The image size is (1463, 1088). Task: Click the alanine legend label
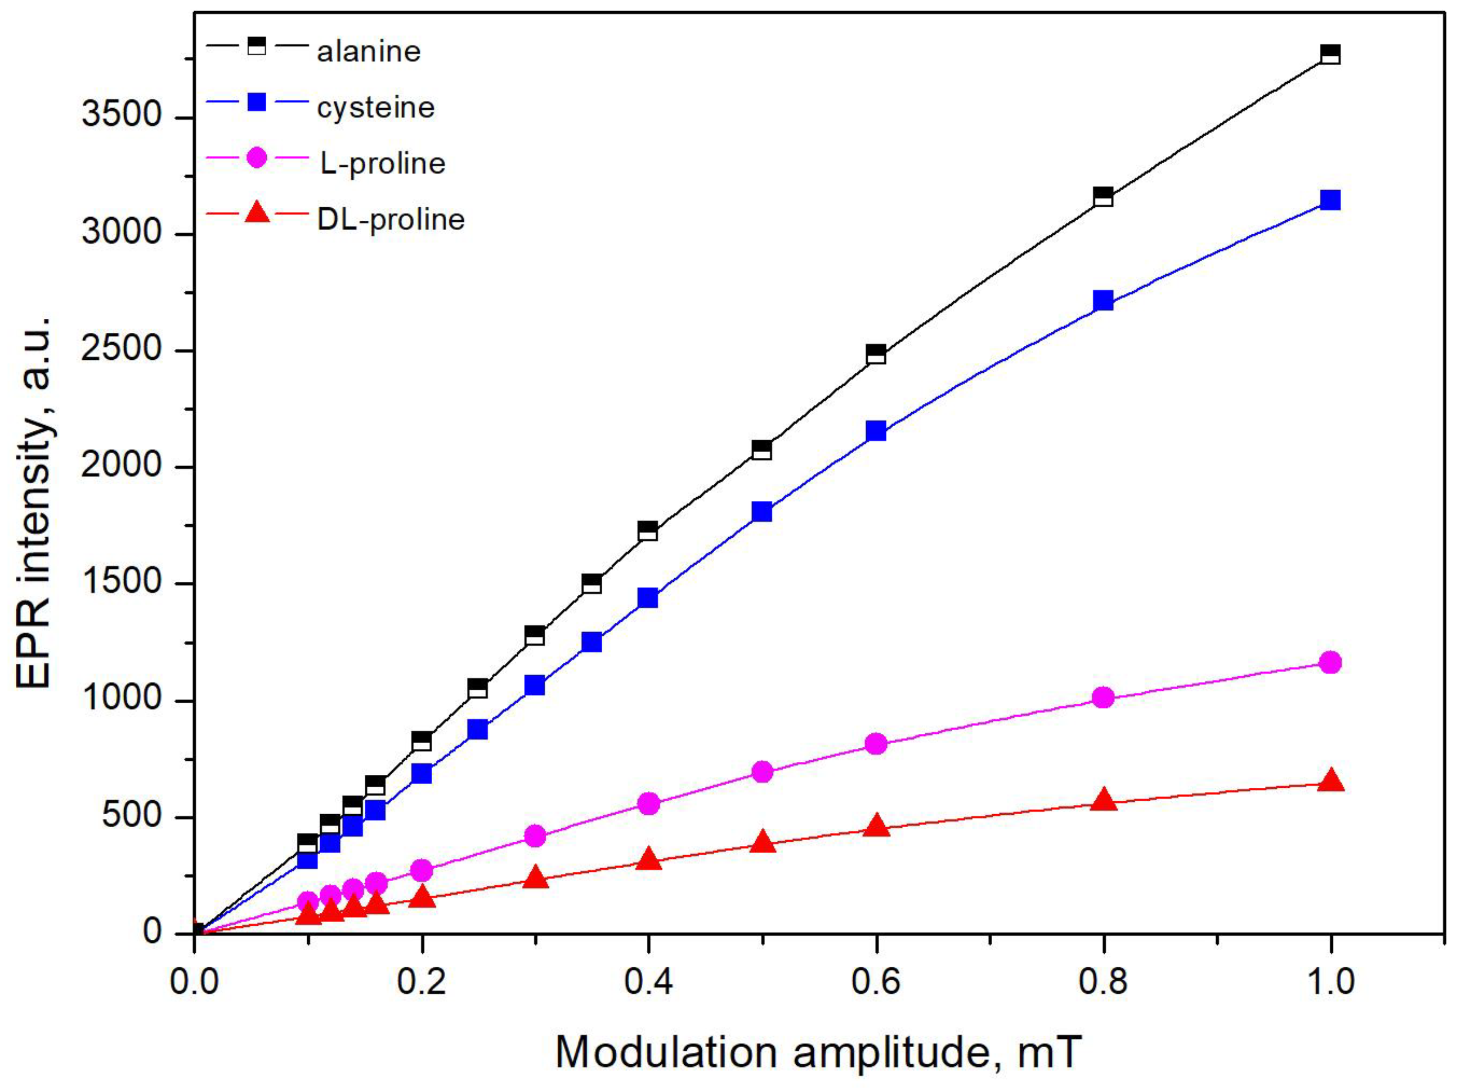tap(368, 52)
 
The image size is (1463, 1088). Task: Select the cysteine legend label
tap(376, 107)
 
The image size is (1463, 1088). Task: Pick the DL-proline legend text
tap(390, 219)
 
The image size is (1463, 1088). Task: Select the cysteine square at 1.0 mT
tap(1331, 200)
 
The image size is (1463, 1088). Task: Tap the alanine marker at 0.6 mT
tap(876, 354)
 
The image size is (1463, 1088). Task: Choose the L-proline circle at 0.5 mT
tap(762, 771)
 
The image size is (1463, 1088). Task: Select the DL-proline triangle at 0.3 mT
tap(535, 878)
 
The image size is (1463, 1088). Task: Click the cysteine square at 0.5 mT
tap(762, 512)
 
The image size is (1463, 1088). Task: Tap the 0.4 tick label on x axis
tap(648, 981)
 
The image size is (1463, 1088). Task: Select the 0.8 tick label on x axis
tap(1103, 981)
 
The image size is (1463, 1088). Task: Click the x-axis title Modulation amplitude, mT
tap(818, 1052)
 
